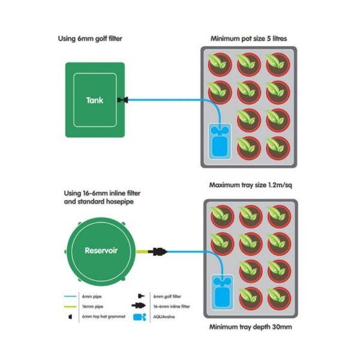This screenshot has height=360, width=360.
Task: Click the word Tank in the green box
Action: pyautogui.click(x=94, y=100)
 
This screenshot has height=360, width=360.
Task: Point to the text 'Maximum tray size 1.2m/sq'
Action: pyautogui.click(x=250, y=184)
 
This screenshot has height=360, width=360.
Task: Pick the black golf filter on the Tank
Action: pyautogui.click(x=124, y=100)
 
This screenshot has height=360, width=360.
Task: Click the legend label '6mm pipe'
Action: pyautogui.click(x=90, y=296)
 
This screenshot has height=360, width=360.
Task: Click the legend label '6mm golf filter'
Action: pyautogui.click(x=166, y=296)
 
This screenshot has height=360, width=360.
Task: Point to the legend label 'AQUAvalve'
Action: pyautogui.click(x=164, y=316)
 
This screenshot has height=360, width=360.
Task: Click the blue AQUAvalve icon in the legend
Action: pyautogui.click(x=142, y=316)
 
